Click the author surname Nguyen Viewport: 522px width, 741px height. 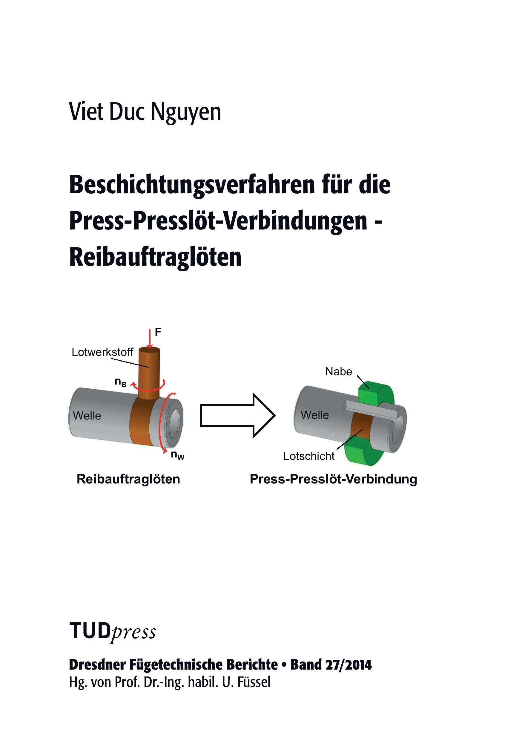186,113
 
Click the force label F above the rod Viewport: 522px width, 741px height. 158,332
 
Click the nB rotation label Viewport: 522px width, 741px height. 121,382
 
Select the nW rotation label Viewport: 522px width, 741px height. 177,455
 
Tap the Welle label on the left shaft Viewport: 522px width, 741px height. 87,416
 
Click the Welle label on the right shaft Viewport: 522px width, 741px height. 314,415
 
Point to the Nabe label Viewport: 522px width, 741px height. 338,371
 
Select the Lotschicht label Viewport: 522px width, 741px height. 309,456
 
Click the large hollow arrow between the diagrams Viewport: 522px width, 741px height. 238,416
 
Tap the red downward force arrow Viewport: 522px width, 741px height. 149,339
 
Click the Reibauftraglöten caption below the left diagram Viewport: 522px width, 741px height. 128,479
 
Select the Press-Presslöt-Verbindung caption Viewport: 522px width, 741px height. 333,479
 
